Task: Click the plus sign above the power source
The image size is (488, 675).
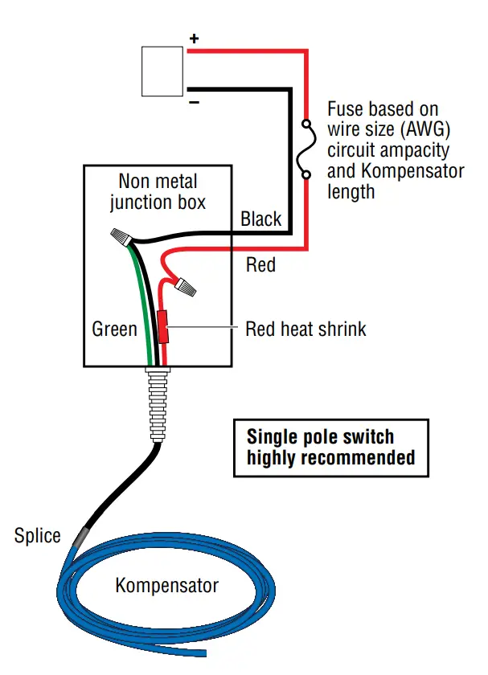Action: pyautogui.click(x=193, y=39)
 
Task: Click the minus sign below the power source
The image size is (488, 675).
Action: pyautogui.click(x=193, y=103)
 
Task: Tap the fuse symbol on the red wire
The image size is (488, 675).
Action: pyautogui.click(x=306, y=149)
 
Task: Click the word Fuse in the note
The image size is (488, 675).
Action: pyautogui.click(x=347, y=108)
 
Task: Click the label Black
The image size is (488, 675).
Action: pyautogui.click(x=261, y=219)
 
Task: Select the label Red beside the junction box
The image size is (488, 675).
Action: pyautogui.click(x=260, y=265)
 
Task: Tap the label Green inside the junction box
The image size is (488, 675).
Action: pyautogui.click(x=114, y=329)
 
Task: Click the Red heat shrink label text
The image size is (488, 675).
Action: pyautogui.click(x=306, y=329)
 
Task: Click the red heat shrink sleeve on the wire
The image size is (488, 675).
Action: pyautogui.click(x=162, y=326)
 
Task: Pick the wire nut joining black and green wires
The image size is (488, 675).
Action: pyautogui.click(x=122, y=238)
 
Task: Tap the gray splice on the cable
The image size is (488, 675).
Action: pyautogui.click(x=83, y=535)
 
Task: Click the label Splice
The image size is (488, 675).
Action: pyautogui.click(x=38, y=535)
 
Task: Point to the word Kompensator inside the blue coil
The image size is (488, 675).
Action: pyautogui.click(x=166, y=585)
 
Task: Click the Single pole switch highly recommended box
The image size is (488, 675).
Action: pyautogui.click(x=330, y=448)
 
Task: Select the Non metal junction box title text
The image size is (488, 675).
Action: pyautogui.click(x=158, y=190)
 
